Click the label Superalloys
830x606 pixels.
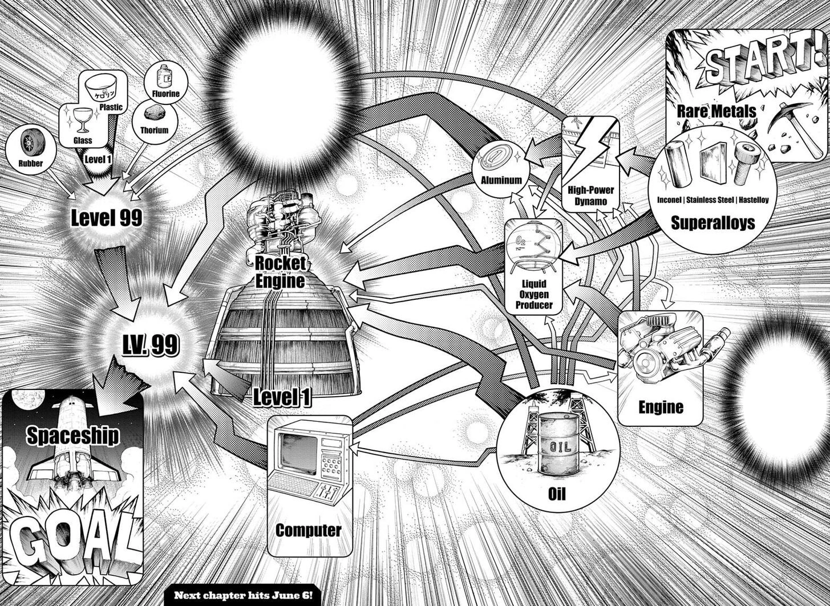pyautogui.click(x=712, y=222)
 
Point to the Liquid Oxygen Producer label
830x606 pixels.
pyautogui.click(x=533, y=294)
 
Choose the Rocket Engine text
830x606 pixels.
pyautogui.click(x=280, y=271)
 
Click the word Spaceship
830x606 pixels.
pyautogui.click(x=73, y=436)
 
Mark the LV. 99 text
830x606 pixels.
pyautogui.click(x=151, y=345)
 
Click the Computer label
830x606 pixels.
pyautogui.click(x=308, y=530)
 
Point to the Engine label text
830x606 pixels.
pyautogui.click(x=661, y=407)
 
